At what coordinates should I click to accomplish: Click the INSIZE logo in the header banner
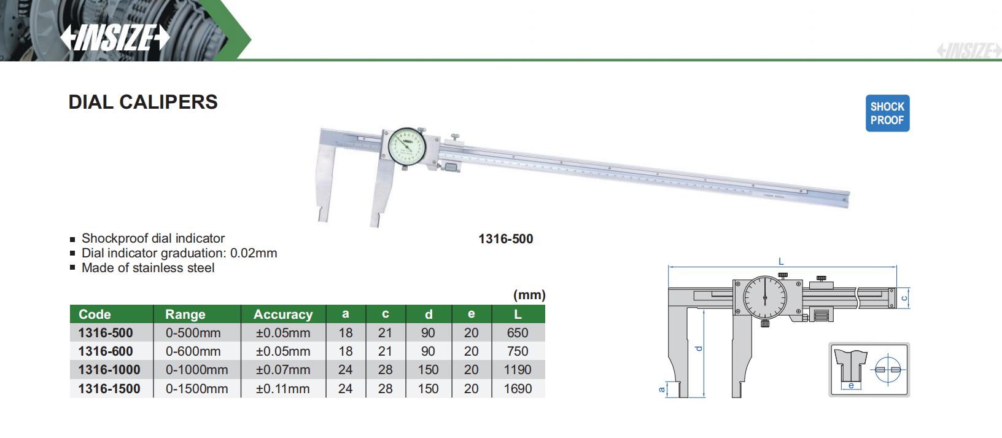click(x=115, y=37)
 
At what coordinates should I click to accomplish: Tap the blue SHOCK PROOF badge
click(x=887, y=113)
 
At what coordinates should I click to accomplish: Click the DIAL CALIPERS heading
click(x=143, y=102)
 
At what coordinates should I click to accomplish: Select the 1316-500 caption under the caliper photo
click(x=505, y=239)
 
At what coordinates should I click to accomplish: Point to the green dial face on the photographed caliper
click(x=407, y=146)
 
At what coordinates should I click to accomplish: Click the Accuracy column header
click(x=283, y=314)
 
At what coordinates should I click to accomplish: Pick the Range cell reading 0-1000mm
click(x=197, y=370)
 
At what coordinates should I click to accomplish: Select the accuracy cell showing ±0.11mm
click(x=283, y=388)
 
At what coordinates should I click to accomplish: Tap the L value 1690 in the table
click(x=518, y=388)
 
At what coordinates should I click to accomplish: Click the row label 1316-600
click(x=106, y=351)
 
